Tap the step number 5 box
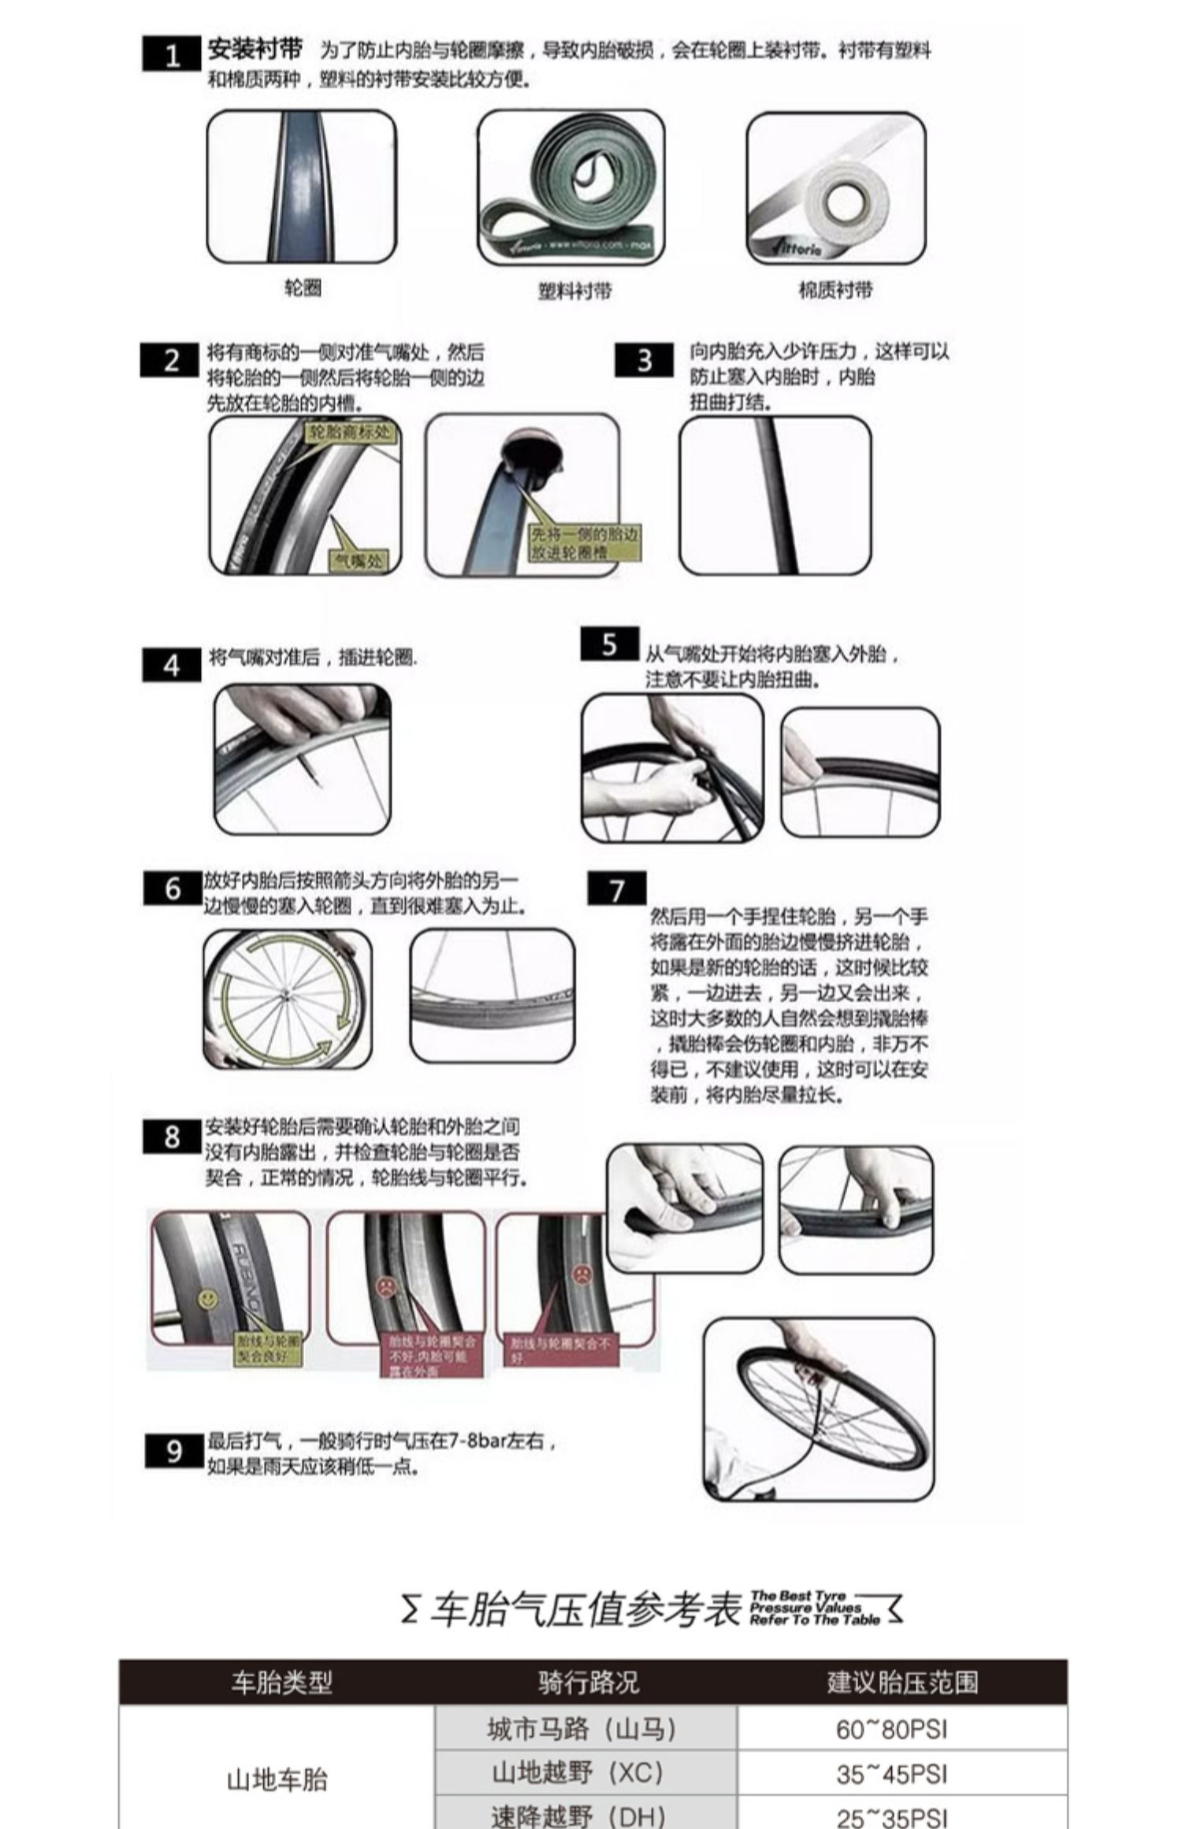click(609, 644)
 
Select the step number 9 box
click(174, 1451)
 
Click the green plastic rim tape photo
click(571, 187)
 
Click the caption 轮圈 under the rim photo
click(303, 288)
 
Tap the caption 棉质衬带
click(835, 290)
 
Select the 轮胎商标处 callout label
click(349, 432)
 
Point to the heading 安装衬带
click(255, 50)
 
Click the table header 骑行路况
click(588, 1682)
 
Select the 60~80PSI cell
click(891, 1729)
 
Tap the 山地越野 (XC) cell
click(588, 1772)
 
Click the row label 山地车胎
click(277, 1779)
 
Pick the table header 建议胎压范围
click(902, 1682)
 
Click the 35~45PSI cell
click(891, 1774)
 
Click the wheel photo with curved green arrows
click(287, 999)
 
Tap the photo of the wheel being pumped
click(818, 1410)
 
